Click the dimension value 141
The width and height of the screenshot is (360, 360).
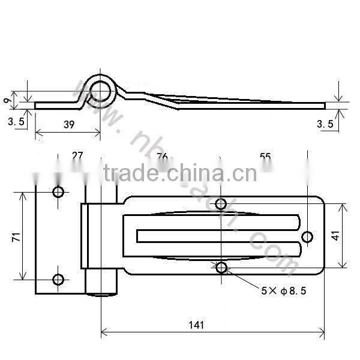tap(196, 325)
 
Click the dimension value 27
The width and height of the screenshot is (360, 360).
tap(77, 156)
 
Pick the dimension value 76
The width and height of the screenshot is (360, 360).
tap(162, 157)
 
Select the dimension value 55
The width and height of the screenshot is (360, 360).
tap(265, 157)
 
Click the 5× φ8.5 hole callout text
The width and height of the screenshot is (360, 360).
tap(284, 292)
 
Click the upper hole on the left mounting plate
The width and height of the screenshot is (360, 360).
tap(58, 192)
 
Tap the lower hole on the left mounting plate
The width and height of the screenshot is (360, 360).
tap(58, 279)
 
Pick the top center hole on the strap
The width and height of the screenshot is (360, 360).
tap(221, 203)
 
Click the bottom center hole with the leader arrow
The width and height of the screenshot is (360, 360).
tap(221, 268)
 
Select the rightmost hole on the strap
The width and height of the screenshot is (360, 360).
tap(307, 237)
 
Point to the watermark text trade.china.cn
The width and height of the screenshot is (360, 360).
tap(180, 174)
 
